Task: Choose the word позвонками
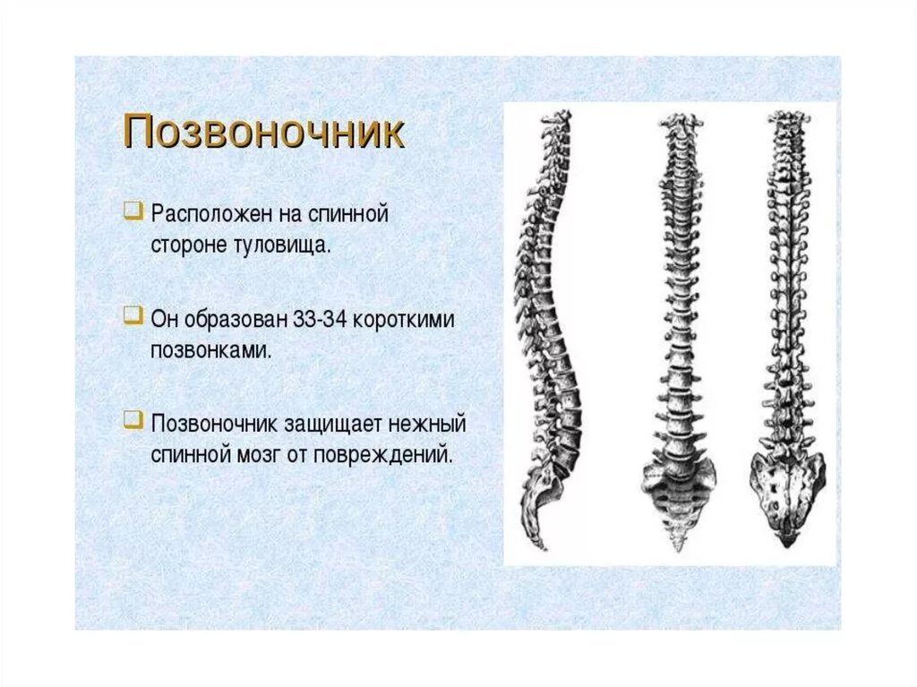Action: [209, 349]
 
